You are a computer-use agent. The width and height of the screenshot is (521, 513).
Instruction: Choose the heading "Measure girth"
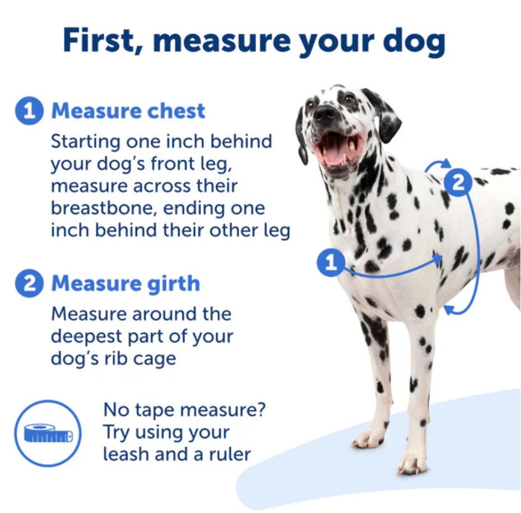(x=125, y=284)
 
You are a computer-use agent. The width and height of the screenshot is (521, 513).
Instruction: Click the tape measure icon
(x=48, y=433)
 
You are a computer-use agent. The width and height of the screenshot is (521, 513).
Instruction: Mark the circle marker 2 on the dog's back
(x=458, y=183)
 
